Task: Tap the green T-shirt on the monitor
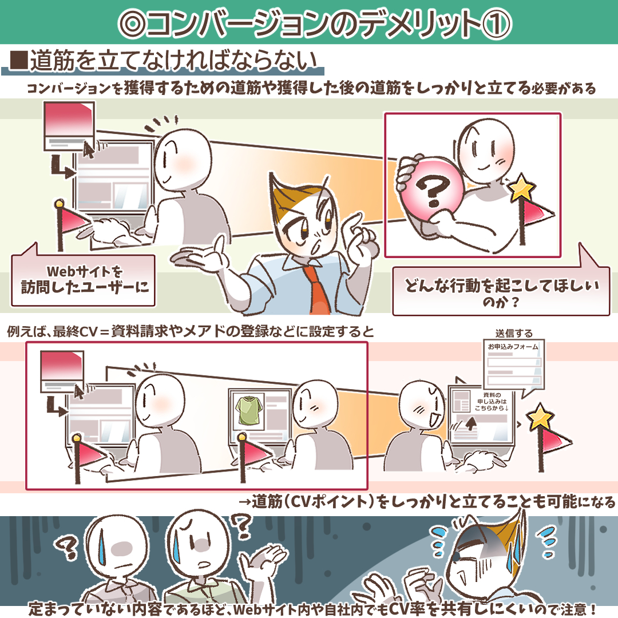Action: [249, 411]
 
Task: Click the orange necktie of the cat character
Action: [316, 288]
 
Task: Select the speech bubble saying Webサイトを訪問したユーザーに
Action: [83, 279]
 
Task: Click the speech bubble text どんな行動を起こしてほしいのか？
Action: [501, 292]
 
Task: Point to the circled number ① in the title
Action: [496, 23]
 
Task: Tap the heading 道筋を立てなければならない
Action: [174, 61]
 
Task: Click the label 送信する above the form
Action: [514, 334]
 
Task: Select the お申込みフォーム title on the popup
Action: [513, 347]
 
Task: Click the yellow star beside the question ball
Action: [522, 188]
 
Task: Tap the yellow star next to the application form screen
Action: [540, 418]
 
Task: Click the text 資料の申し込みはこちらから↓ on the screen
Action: [492, 401]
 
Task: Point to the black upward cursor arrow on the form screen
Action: [470, 423]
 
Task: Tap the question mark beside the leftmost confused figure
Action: [67, 547]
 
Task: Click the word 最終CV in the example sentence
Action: [75, 332]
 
